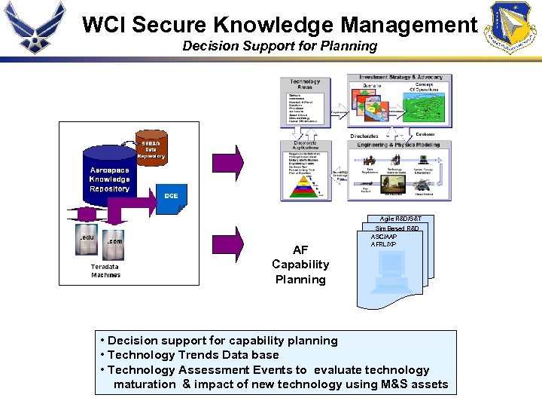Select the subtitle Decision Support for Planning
(x=279, y=46)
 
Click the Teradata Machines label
(x=105, y=271)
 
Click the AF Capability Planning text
(x=300, y=265)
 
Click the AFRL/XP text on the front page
(x=384, y=245)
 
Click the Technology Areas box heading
(x=305, y=84)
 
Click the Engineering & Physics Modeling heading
(x=398, y=143)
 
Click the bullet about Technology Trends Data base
(x=193, y=355)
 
